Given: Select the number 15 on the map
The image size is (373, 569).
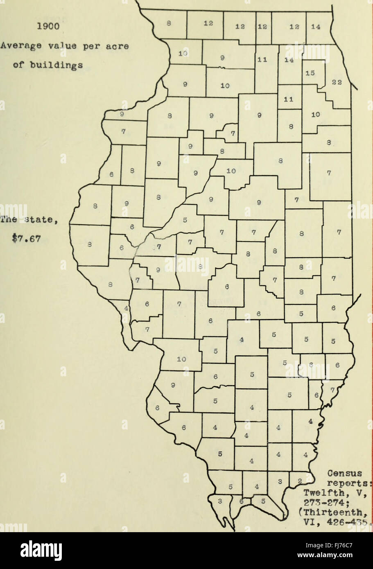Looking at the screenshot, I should (310, 73).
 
